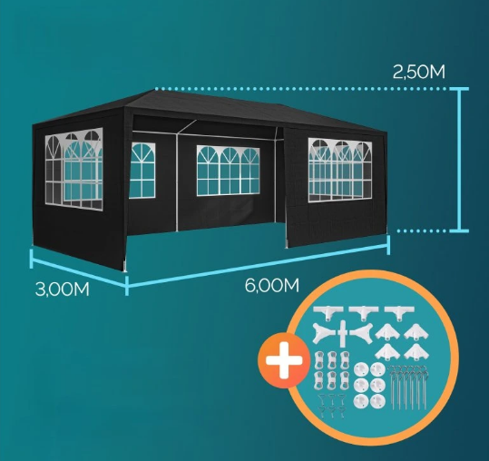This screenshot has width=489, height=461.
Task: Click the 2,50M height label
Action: coord(418,73)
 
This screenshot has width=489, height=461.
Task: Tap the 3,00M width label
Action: coord(63,289)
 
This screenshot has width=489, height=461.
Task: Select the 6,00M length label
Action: coord(272,285)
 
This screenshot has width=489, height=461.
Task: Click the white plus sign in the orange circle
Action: coord(284,360)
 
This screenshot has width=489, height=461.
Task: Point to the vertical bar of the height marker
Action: coord(459,160)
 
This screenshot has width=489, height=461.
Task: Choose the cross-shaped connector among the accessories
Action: coord(342,333)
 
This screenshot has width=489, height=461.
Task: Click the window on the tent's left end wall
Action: coord(73,169)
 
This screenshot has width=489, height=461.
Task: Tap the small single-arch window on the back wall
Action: coord(142,171)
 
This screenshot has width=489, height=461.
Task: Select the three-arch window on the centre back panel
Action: coord(228,171)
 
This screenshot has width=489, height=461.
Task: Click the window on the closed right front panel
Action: coord(340,170)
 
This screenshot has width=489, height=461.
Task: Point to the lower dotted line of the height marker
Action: coord(423,231)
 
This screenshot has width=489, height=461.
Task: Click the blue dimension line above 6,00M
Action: coord(258,265)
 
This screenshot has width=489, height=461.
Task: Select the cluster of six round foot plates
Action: coord(370,385)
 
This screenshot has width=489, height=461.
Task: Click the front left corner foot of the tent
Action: coord(125,269)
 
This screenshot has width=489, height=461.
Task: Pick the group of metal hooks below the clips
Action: coord(331,406)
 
